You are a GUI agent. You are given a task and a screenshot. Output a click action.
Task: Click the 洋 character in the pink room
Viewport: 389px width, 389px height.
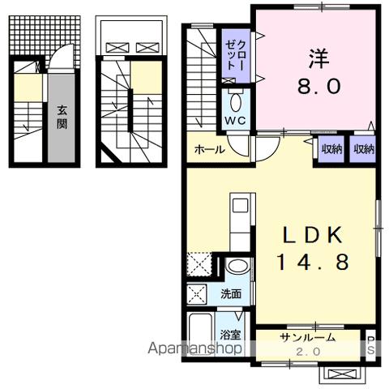[317, 60]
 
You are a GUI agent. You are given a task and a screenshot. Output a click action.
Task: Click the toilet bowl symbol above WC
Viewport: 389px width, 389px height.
[235, 102]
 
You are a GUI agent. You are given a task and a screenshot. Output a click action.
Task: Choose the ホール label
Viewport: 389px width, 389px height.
[209, 149]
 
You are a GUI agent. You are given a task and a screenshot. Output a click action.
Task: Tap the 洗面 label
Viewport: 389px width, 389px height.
[231, 294]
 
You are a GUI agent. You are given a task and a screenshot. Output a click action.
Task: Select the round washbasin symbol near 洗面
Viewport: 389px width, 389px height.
[237, 268]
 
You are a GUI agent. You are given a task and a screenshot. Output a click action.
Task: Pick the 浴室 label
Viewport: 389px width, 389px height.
[230, 334]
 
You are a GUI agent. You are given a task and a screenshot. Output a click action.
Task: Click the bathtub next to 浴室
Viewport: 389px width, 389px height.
[201, 333]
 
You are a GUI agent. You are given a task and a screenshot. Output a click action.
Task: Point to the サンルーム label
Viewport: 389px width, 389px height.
[307, 337]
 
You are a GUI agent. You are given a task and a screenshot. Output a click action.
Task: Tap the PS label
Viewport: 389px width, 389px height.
[371, 344]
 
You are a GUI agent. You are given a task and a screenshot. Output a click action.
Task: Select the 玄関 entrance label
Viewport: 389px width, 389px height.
[62, 118]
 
